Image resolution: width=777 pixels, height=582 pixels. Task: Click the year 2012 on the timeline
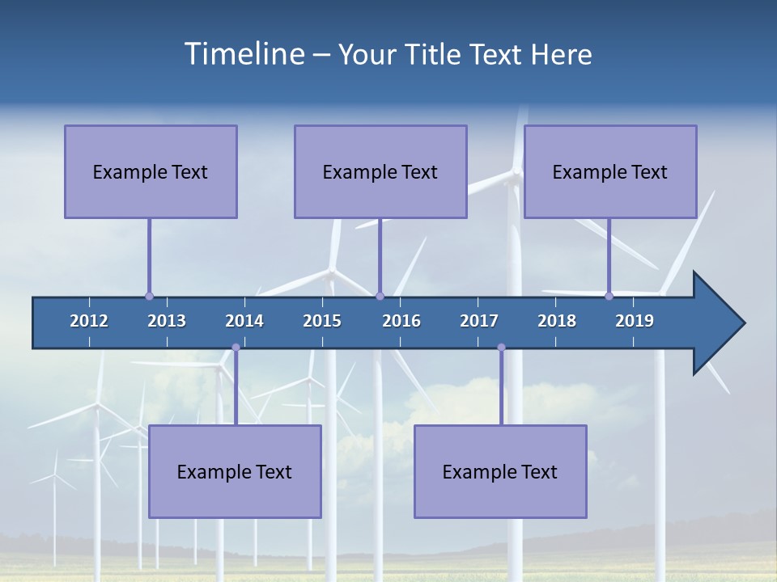pyautogui.click(x=89, y=321)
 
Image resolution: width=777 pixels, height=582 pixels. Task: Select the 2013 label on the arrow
pyautogui.click(x=167, y=321)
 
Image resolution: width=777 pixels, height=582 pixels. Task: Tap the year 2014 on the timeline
pyautogui.click(x=244, y=321)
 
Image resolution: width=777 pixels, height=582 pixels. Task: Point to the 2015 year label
pyautogui.click(x=322, y=321)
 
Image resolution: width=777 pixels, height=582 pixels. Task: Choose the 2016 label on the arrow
pyautogui.click(x=401, y=321)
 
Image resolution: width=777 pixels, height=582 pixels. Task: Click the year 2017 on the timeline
pyautogui.click(x=479, y=321)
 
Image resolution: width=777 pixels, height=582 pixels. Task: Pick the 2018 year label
pyautogui.click(x=557, y=321)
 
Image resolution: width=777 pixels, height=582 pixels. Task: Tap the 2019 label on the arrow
pyautogui.click(x=635, y=321)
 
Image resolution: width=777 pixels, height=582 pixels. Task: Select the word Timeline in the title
pyautogui.click(x=243, y=53)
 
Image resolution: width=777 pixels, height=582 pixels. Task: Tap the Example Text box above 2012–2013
pyautogui.click(x=151, y=171)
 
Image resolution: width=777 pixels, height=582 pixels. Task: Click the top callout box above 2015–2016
pyautogui.click(x=380, y=171)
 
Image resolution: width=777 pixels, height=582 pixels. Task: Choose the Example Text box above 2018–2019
pyautogui.click(x=610, y=171)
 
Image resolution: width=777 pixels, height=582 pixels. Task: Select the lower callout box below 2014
pyautogui.click(x=235, y=471)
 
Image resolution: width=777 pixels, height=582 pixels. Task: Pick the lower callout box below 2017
pyautogui.click(x=500, y=471)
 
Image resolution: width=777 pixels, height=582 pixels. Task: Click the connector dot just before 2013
pyautogui.click(x=149, y=296)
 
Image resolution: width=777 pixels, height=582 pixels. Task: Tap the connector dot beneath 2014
pyautogui.click(x=236, y=348)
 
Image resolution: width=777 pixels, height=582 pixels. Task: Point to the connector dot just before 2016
pyautogui.click(x=380, y=296)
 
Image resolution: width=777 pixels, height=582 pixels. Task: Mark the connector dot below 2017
pyautogui.click(x=501, y=348)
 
